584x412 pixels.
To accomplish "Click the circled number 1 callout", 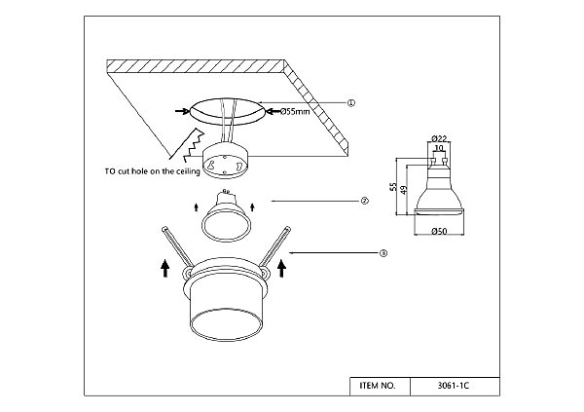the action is point(350,103).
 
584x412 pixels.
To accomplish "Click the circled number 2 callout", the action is point(364,201).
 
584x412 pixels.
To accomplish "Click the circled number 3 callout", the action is point(383,253).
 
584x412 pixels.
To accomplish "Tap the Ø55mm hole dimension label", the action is point(295,111).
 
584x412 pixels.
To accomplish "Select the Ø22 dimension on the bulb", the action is point(439,138).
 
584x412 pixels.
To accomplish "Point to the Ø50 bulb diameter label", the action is point(439,232).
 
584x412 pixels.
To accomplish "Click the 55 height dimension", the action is point(393,186).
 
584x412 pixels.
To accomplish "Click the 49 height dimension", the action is point(404,189).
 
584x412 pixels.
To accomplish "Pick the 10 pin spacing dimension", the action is point(439,148).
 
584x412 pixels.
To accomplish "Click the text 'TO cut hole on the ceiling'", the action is point(153,171).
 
